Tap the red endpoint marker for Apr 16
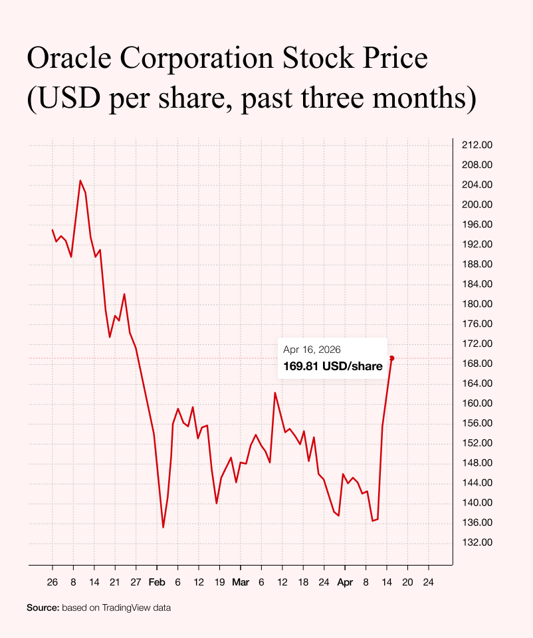click(391, 358)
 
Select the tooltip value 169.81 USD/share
click(333, 366)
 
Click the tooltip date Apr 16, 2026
click(312, 350)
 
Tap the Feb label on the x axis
click(157, 582)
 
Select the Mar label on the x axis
click(241, 582)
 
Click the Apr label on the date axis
click(345, 582)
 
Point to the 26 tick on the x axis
click(53, 582)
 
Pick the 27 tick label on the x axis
click(136, 582)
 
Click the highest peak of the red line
click(80, 181)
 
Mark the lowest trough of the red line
click(163, 528)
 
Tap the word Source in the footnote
click(43, 607)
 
